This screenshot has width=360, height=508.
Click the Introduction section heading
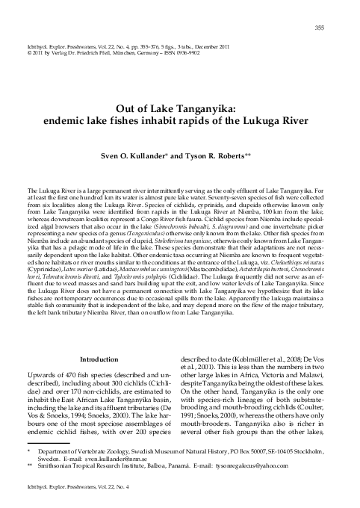(x=104, y=360)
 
